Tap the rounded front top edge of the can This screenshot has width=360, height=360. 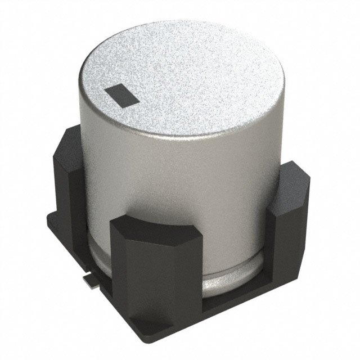pyautogui.click(x=186, y=135)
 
